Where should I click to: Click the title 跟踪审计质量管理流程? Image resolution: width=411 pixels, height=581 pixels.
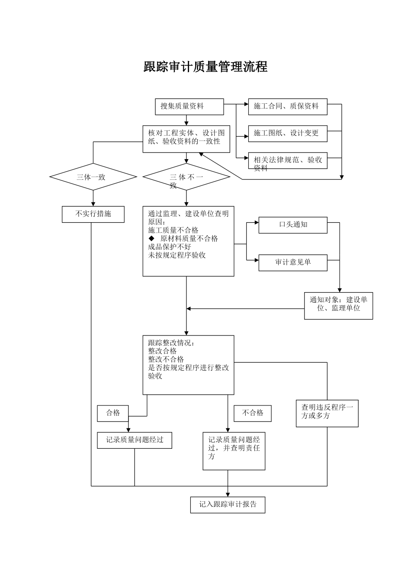pyautogui.click(x=205, y=67)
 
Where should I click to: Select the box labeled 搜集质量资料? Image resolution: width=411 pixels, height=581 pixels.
pyautogui.click(x=189, y=106)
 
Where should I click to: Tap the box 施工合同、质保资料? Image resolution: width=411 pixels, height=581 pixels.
pyautogui.click(x=287, y=106)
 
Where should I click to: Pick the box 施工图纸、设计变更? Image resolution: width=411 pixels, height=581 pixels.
pyautogui.click(x=287, y=133)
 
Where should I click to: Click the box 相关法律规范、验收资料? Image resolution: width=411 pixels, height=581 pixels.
pyautogui.click(x=287, y=161)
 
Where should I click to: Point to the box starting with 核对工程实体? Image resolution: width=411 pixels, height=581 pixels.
pyautogui.click(x=186, y=139)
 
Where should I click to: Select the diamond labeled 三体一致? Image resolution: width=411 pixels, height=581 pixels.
pyautogui.click(x=93, y=177)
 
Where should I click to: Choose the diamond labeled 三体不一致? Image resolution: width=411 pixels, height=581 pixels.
pyautogui.click(x=186, y=177)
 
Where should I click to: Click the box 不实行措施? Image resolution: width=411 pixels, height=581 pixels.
pyautogui.click(x=93, y=214)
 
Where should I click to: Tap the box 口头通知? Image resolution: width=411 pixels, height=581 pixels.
pyautogui.click(x=292, y=225)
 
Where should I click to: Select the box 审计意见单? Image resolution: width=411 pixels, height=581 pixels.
pyautogui.click(x=292, y=262)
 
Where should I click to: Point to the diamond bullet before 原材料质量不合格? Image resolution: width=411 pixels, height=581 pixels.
pyautogui.click(x=151, y=239)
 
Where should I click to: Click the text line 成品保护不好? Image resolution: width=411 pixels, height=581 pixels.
pyautogui.click(x=169, y=247)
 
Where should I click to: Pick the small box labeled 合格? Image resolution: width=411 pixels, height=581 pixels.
pyautogui.click(x=113, y=413)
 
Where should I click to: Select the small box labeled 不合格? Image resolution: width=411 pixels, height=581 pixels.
pyautogui.click(x=252, y=413)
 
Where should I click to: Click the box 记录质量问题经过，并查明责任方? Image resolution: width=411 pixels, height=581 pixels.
pyautogui.click(x=234, y=450)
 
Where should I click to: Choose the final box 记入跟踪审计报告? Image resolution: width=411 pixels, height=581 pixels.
pyautogui.click(x=228, y=504)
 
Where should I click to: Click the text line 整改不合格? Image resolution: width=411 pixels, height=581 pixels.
pyautogui.click(x=166, y=360)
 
